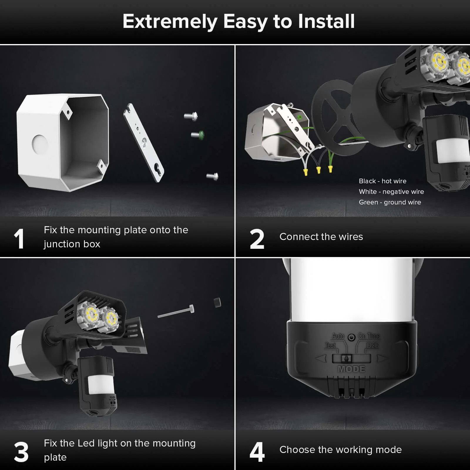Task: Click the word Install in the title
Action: pos(326,21)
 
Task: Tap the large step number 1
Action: pos(19,239)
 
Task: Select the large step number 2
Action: pos(257,239)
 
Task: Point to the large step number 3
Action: pos(21,452)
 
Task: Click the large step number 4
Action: pos(257,452)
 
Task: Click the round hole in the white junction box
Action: pos(40,144)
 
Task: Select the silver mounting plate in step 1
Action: pos(144,143)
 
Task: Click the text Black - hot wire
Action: pos(382,181)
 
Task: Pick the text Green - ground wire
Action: pos(390,202)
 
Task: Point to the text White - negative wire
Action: pos(391,192)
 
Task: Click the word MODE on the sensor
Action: pos(352,369)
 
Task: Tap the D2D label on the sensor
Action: pos(372,345)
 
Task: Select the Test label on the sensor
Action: pos(330,345)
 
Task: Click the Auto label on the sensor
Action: pos(338,336)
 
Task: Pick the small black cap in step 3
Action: pos(217,302)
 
